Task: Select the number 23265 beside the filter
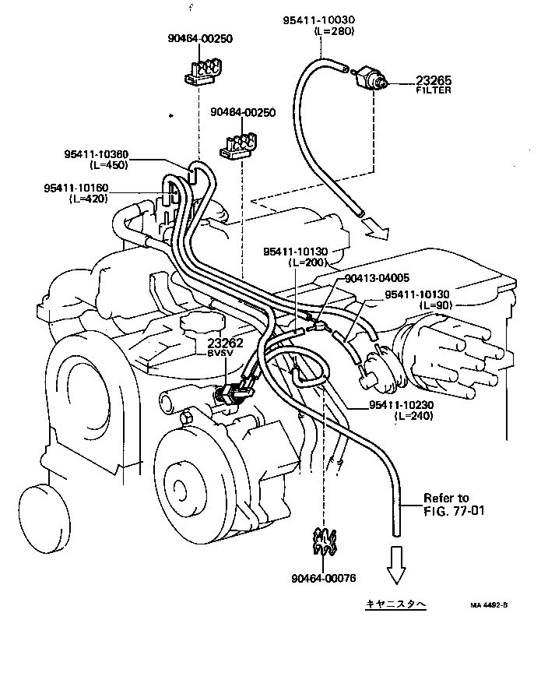[x=433, y=80]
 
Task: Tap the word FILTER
[x=433, y=90]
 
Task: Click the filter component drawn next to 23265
[x=368, y=78]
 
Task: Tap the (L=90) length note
[x=434, y=305]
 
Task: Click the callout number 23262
[x=225, y=343]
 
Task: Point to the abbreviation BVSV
[x=225, y=354]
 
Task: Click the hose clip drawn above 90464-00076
[x=325, y=542]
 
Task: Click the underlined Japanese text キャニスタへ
[x=396, y=604]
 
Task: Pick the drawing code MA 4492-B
[x=489, y=604]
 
